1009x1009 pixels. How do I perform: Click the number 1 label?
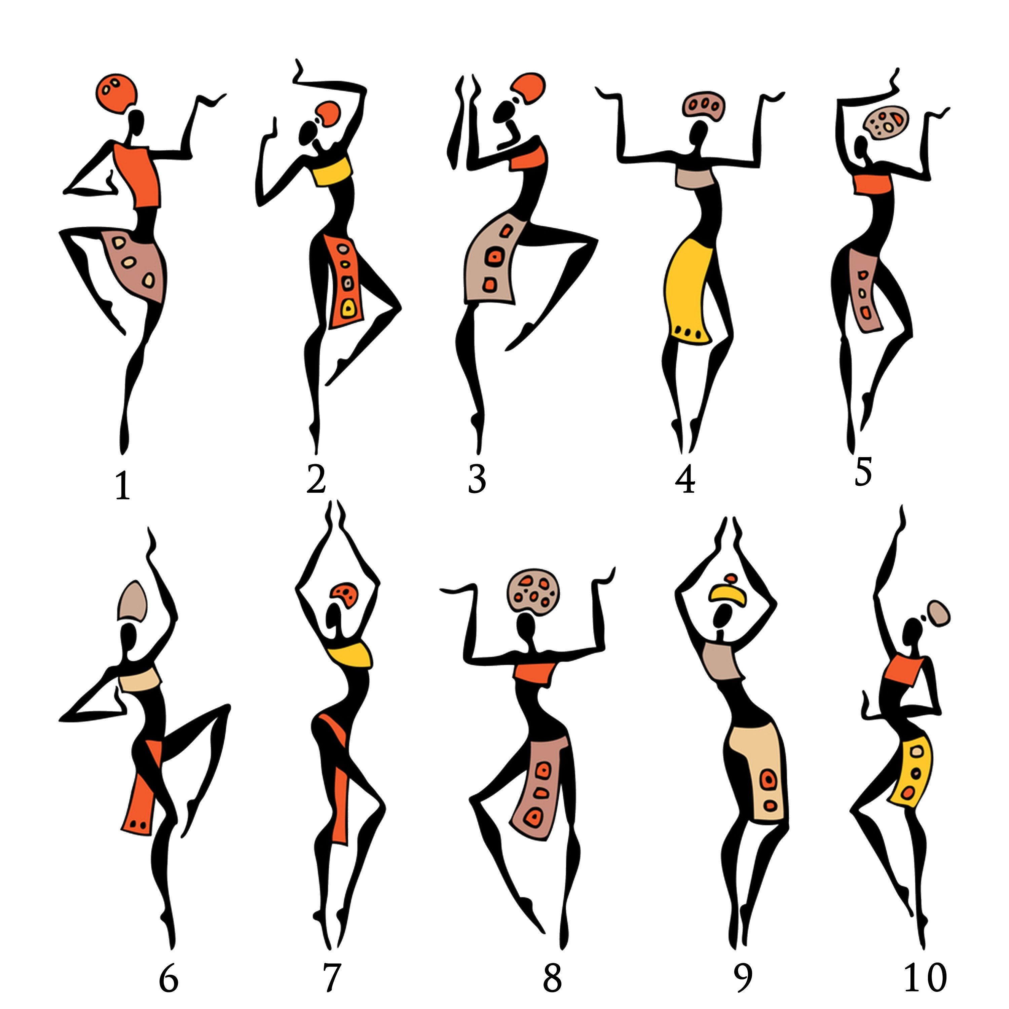click(x=122, y=486)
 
